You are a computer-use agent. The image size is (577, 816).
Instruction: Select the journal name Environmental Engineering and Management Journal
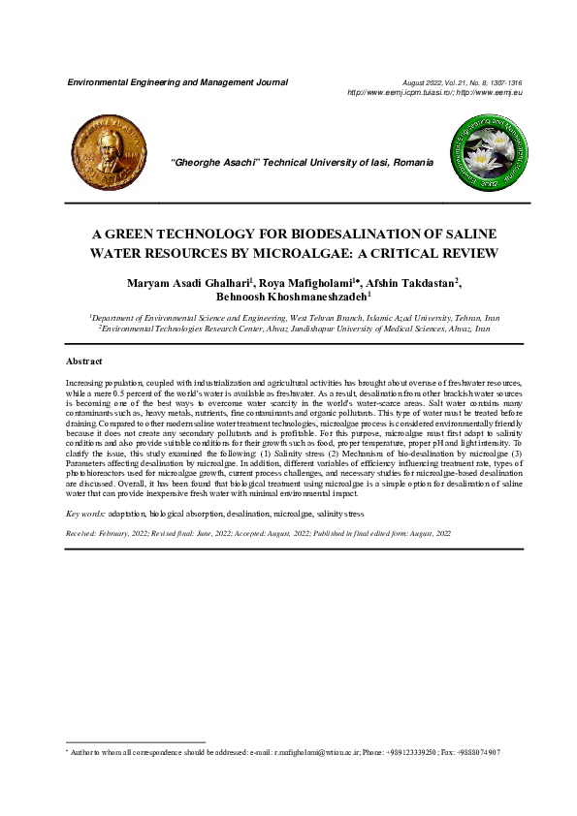click(x=176, y=82)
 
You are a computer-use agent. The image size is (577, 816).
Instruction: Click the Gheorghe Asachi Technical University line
click(x=302, y=163)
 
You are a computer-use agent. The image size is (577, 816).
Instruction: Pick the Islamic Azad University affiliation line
click(x=295, y=317)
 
